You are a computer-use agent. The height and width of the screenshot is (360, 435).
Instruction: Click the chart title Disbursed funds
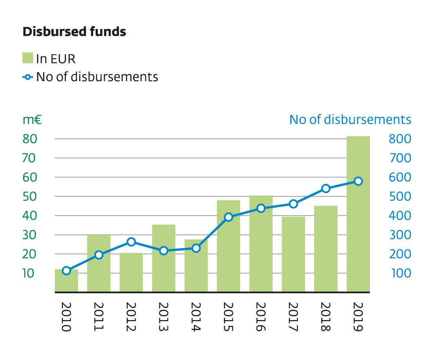[74, 32]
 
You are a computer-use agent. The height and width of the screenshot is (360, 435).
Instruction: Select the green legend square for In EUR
[27, 58]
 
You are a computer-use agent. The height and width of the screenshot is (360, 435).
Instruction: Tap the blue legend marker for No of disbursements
[27, 77]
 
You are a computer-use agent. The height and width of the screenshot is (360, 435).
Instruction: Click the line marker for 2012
[131, 242]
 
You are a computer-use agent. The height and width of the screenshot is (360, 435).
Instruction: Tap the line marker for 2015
[229, 217]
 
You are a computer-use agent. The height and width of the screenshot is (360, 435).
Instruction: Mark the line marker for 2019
[358, 181]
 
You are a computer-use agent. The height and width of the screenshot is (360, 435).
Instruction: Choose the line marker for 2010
[66, 271]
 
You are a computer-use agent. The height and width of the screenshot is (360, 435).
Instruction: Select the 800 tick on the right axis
[400, 139]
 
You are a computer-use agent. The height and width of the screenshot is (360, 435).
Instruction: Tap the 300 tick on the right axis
[400, 235]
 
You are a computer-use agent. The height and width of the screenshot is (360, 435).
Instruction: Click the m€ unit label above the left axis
[32, 120]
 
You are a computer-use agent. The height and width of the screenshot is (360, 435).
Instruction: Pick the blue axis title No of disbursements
[350, 120]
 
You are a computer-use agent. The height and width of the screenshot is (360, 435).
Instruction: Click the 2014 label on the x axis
[196, 317]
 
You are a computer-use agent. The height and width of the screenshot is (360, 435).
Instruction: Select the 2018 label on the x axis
[325, 317]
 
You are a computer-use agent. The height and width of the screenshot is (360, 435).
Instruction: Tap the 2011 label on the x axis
[98, 317]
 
